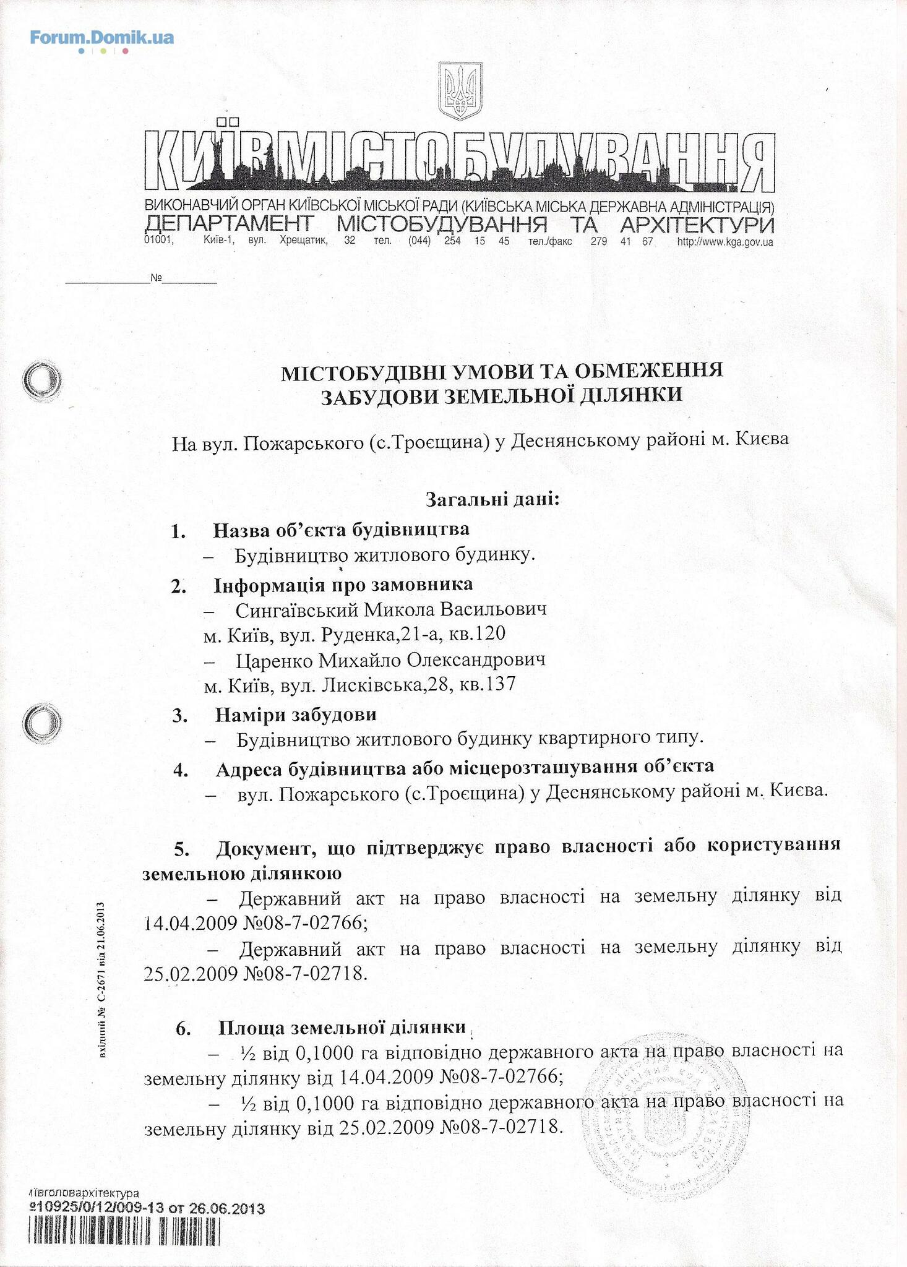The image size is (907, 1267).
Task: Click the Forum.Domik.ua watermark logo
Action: tap(102, 38)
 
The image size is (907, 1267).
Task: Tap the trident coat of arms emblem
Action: tap(460, 91)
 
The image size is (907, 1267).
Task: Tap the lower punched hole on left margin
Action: tap(41, 720)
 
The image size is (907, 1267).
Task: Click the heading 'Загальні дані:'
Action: tap(492, 499)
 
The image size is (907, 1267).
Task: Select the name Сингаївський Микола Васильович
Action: tap(391, 610)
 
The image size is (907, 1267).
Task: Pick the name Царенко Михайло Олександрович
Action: tap(390, 660)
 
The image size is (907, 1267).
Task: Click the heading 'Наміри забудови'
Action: tap(296, 715)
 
